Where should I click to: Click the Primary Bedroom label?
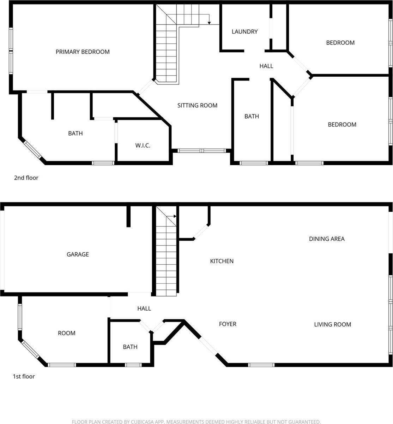point(83,52)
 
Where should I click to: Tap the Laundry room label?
point(244,32)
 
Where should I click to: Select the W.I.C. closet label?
point(143,146)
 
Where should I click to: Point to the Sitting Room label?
point(197,105)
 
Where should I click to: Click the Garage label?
point(78,254)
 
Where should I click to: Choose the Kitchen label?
point(222,261)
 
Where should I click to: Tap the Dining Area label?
point(327,239)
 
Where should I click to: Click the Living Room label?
point(332,324)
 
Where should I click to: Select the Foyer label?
point(228,324)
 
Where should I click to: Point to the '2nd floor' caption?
point(26,178)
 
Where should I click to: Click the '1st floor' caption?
point(24,377)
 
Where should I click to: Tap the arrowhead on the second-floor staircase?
point(209,23)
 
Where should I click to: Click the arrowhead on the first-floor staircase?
point(175,216)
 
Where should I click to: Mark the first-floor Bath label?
point(130,347)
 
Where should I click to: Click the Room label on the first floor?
point(67,333)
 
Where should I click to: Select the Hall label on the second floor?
point(266,66)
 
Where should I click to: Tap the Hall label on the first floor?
point(144,309)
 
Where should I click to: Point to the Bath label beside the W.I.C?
point(75,134)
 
